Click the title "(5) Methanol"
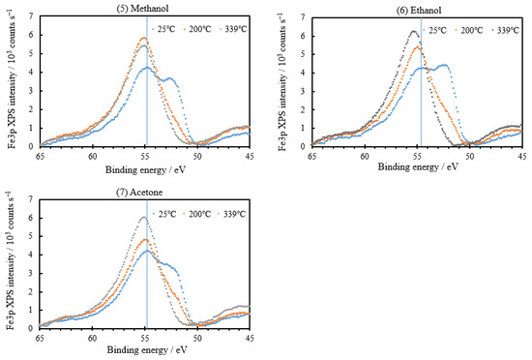[145, 7]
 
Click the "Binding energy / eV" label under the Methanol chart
[145, 165]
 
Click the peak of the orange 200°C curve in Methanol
[144, 38]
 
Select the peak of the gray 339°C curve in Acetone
[143, 217]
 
